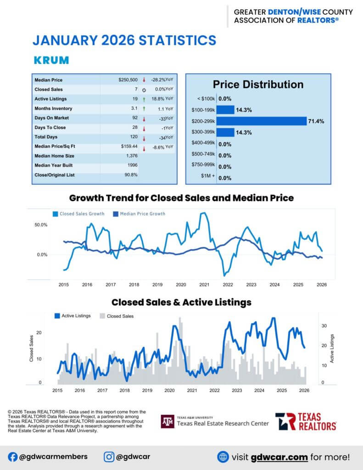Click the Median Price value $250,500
click(x=128, y=80)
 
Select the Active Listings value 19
click(x=134, y=99)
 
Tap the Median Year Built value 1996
click(x=133, y=165)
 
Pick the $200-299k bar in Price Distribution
click(x=261, y=121)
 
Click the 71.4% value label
click(x=316, y=122)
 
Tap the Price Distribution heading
click(x=258, y=84)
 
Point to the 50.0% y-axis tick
click(x=41, y=225)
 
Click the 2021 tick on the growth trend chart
click(x=204, y=285)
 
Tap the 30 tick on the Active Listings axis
click(x=324, y=325)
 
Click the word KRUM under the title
click(x=51, y=60)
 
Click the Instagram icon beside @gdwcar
click(x=109, y=457)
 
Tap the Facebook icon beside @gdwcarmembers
click(x=13, y=457)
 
